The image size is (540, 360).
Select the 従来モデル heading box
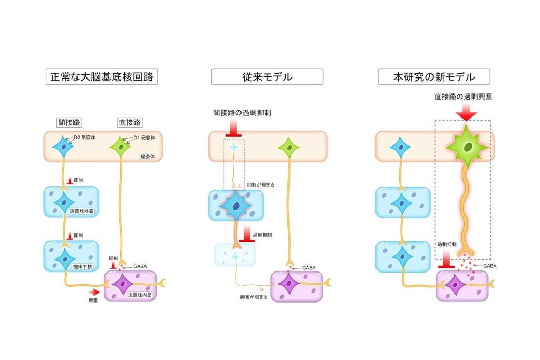pyautogui.click(x=267, y=77)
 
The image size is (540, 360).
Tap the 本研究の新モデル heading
pyautogui.click(x=433, y=77)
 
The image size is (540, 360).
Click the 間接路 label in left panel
pyautogui.click(x=69, y=122)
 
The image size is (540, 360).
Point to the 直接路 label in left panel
pyautogui.click(x=130, y=122)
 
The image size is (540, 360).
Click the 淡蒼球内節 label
pyautogui.click(x=140, y=296)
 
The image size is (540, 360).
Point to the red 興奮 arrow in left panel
pyautogui.click(x=93, y=291)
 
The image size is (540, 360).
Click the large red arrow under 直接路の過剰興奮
pyautogui.click(x=466, y=111)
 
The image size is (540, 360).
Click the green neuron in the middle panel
pyautogui.click(x=288, y=147)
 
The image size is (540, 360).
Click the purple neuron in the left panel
pyautogui.click(x=122, y=285)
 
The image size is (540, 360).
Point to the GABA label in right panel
pyautogui.click(x=490, y=266)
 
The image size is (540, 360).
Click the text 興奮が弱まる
pyautogui.click(x=254, y=297)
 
